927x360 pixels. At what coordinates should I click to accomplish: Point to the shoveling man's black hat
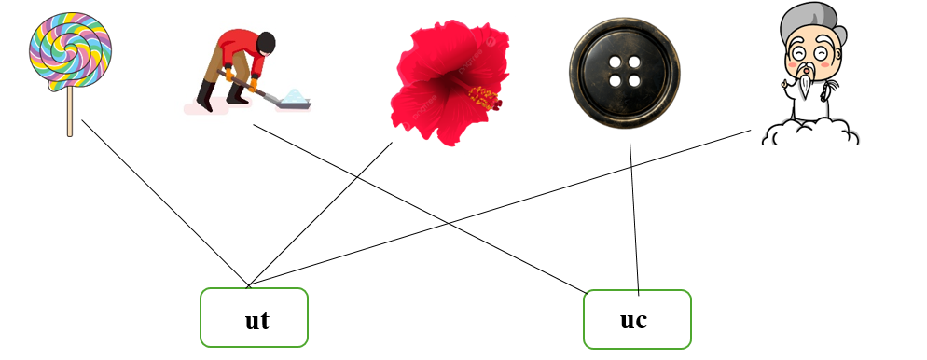tap(266, 41)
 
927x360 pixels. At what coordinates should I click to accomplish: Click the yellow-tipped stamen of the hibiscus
tap(484, 95)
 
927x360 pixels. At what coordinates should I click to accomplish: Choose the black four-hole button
tap(624, 71)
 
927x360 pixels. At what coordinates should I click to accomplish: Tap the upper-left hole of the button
tap(615, 62)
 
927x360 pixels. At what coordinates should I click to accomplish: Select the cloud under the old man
tap(809, 132)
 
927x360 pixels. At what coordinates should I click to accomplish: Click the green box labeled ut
tap(254, 318)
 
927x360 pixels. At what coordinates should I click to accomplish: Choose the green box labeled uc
tap(637, 319)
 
